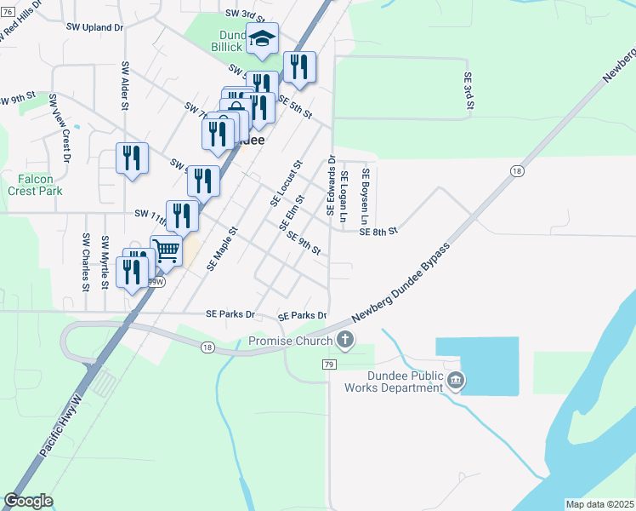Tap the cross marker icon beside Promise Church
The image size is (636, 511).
pos(344,342)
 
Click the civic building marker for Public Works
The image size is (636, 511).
pos(455,380)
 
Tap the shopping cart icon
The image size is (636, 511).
pos(168,250)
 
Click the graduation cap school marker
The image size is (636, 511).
pos(262,39)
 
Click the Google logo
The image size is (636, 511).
pos(29,501)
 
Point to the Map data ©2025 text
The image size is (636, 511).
pos(599,504)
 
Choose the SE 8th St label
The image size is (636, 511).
pos(379,231)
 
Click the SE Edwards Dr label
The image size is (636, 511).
pos(330,185)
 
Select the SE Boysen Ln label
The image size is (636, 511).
pos(366,194)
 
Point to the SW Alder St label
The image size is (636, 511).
pos(125,86)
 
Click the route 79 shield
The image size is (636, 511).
pos(329,365)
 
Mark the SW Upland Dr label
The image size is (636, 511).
pos(95,27)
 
